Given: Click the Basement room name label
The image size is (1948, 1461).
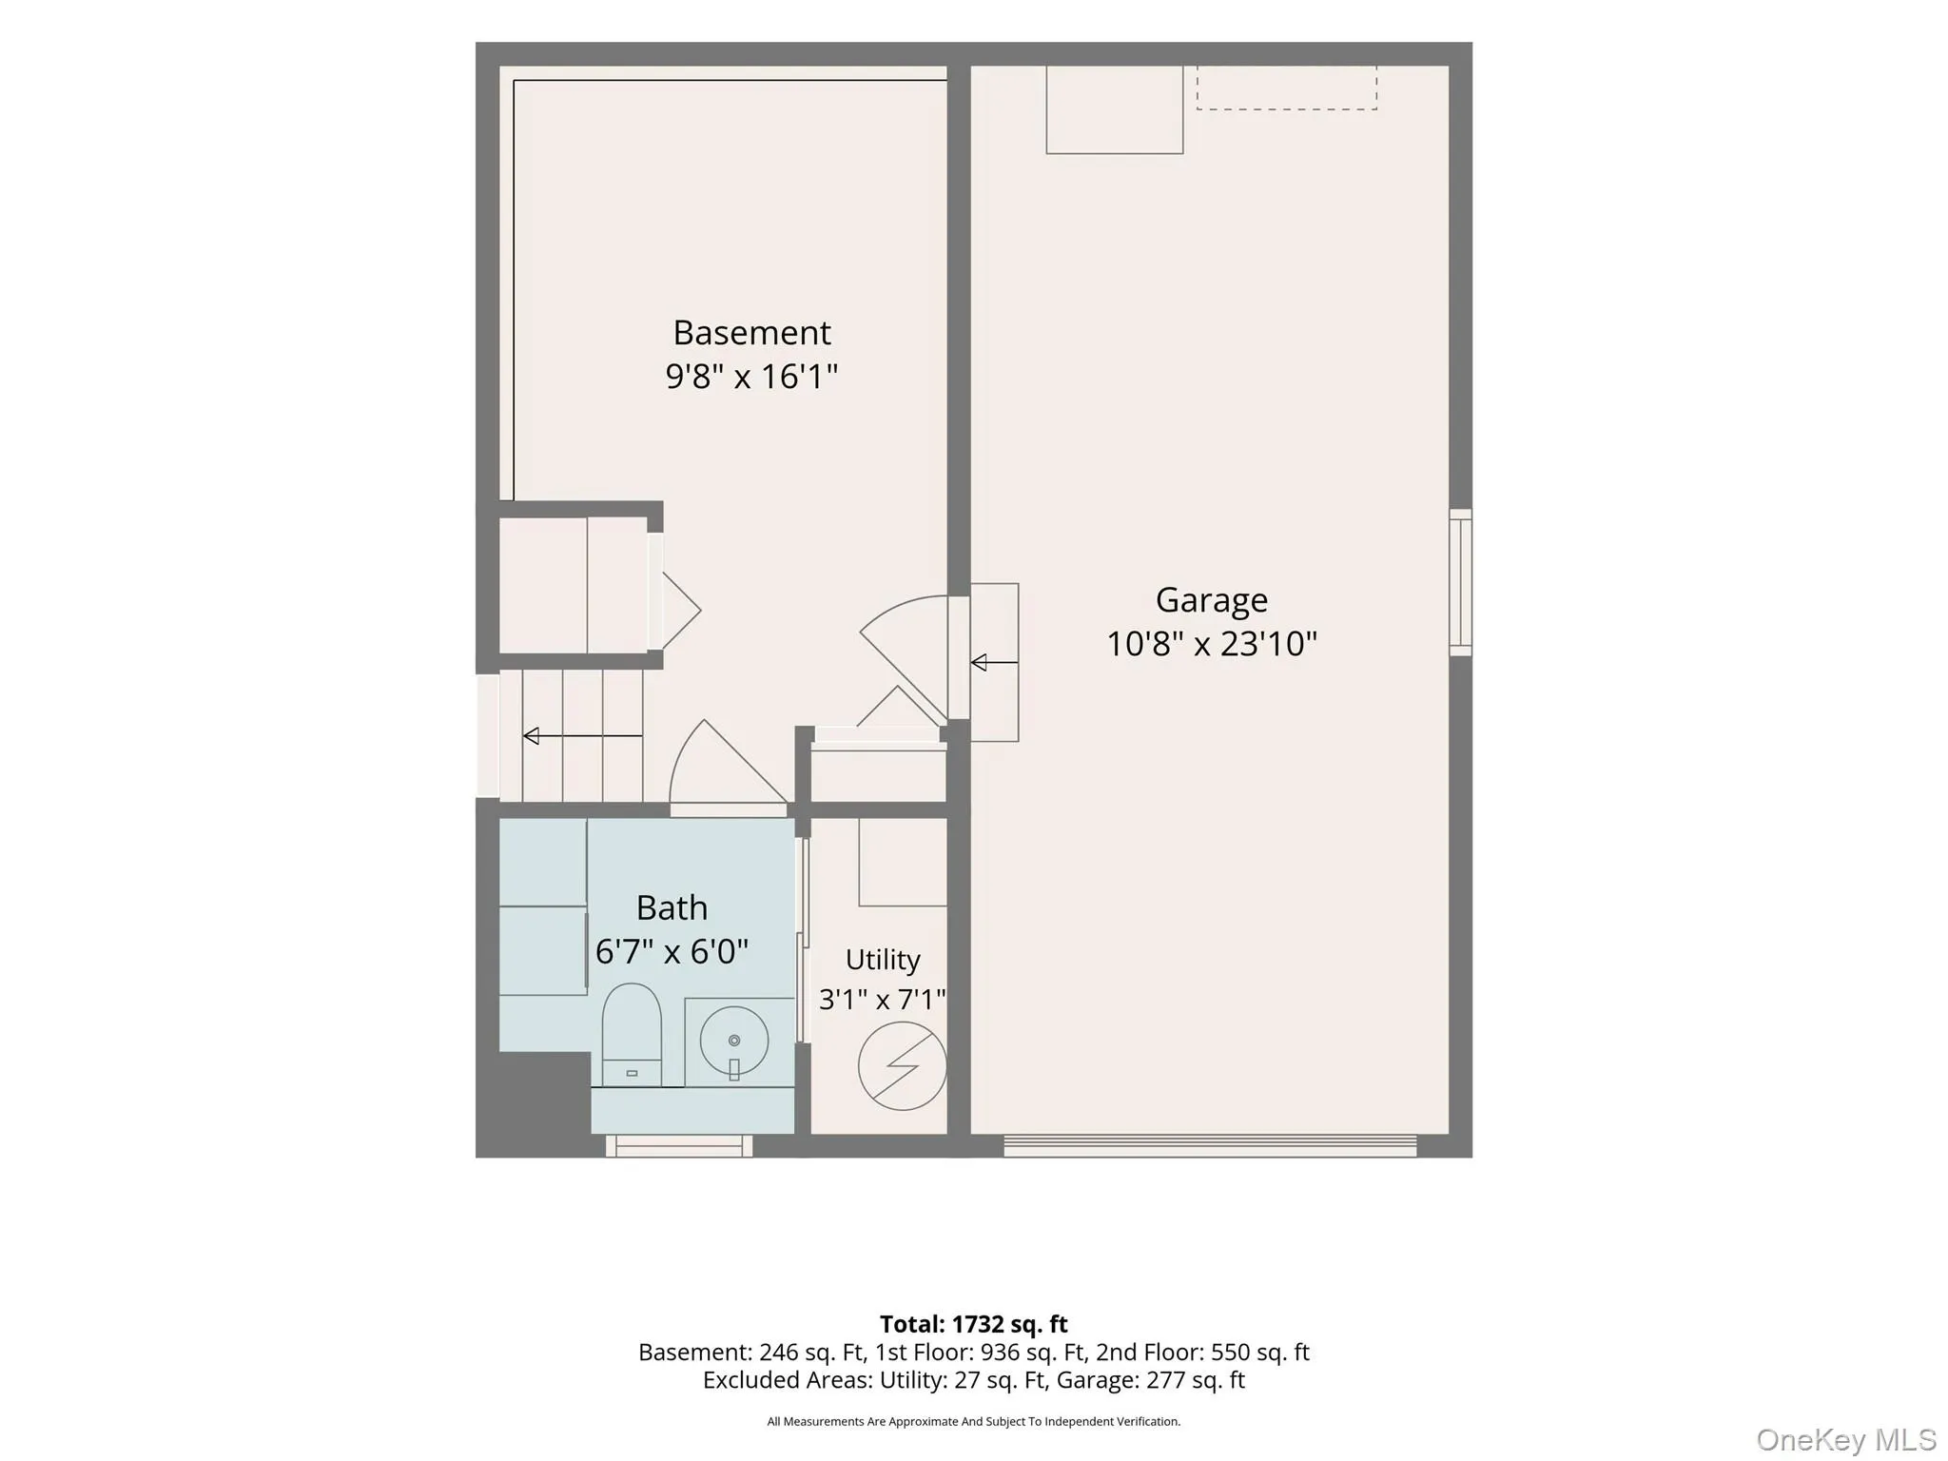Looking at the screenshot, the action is tap(751, 333).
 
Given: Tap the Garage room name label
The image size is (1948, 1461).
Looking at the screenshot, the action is tap(1211, 600).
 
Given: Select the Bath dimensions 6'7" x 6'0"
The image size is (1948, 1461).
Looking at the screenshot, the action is tap(672, 951).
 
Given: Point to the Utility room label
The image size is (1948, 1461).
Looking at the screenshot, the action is tap(883, 960).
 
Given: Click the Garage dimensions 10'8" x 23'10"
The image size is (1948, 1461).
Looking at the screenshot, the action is tap(1211, 644).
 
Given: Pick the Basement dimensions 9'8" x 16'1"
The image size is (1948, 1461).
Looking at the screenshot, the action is tap(751, 377).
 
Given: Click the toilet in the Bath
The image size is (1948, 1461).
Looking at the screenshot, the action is tap(632, 1035).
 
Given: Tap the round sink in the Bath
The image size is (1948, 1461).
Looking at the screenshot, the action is tap(734, 1041).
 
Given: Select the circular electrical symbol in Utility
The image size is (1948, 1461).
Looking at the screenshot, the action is tap(902, 1066).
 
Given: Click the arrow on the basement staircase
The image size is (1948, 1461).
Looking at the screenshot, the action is tap(582, 736).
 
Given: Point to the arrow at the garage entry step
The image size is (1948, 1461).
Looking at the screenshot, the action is tap(994, 663).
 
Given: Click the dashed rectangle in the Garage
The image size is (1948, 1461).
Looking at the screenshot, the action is tap(1286, 88).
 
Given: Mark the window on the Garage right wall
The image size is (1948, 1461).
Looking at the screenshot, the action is tap(1460, 582).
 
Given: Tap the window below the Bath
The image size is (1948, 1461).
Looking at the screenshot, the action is tap(679, 1145).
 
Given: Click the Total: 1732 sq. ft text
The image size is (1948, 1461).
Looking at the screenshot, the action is tap(973, 1324).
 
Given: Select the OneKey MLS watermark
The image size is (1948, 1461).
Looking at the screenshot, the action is tap(1845, 1439).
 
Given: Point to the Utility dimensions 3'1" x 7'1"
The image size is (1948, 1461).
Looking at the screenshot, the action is tap(883, 1000).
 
